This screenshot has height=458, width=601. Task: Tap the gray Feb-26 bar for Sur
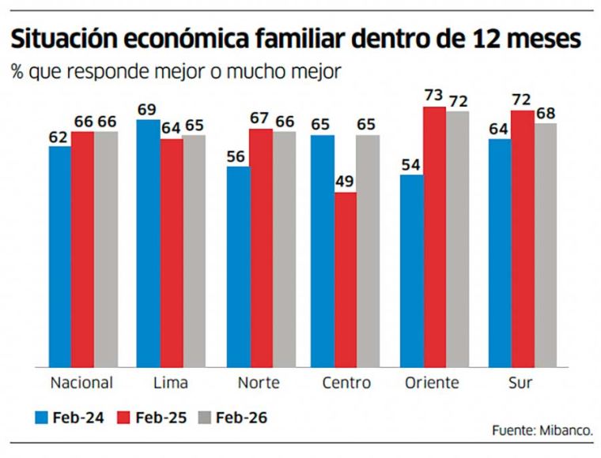click(x=546, y=244)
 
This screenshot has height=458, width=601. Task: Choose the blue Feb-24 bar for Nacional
click(x=60, y=256)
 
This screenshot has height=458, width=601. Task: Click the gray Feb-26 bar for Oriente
click(x=456, y=238)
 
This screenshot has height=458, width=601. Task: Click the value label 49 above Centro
click(x=346, y=182)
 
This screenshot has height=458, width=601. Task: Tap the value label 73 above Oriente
click(x=433, y=96)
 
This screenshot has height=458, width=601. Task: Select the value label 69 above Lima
click(x=147, y=108)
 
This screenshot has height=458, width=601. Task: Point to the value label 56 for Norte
click(x=235, y=156)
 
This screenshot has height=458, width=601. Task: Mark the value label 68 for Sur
click(x=546, y=112)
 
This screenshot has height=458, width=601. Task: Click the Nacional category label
click(x=81, y=383)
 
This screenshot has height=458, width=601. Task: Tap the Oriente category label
click(x=432, y=383)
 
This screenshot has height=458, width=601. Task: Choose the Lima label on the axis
click(x=170, y=383)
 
